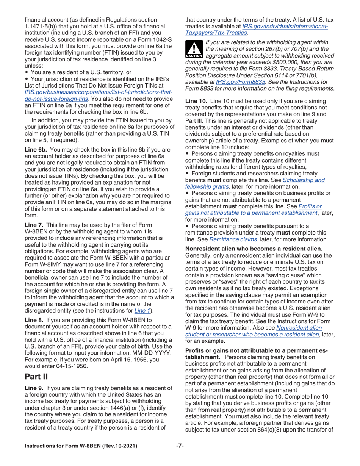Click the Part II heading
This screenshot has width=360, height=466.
tap(36, 376)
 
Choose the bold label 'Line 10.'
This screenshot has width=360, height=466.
tap(196, 102)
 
